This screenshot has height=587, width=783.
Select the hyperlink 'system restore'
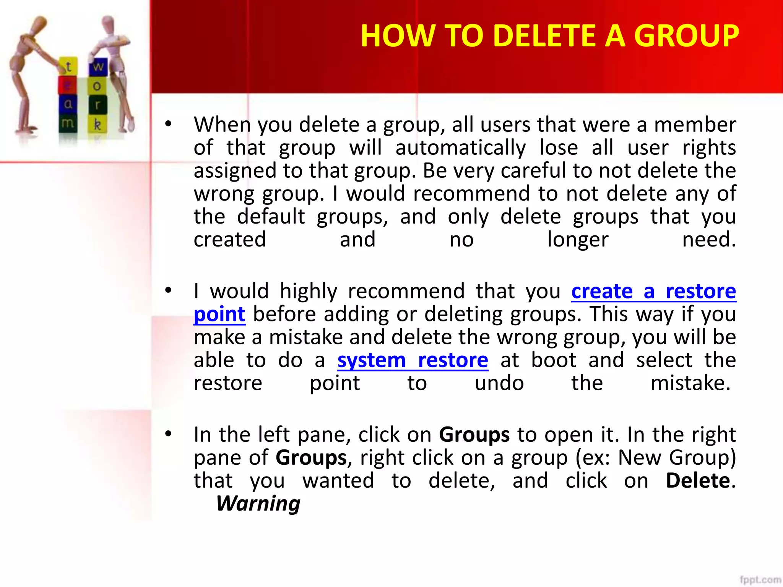(413, 360)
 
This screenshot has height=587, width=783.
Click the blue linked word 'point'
(219, 315)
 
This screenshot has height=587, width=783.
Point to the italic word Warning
(258, 503)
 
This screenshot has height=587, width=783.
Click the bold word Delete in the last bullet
(698, 481)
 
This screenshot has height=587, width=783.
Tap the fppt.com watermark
(760, 579)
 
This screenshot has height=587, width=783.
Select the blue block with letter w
(98, 67)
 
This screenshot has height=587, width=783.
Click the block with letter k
(98, 124)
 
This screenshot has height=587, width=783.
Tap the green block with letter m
(68, 123)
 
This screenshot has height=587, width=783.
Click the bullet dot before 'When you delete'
(168, 124)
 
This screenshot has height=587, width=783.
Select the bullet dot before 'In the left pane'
(168, 434)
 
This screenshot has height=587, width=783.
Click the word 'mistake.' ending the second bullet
(690, 383)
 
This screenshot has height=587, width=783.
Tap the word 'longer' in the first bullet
(578, 240)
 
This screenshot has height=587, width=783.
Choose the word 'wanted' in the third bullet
(338, 481)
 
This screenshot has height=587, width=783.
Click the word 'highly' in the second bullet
(309, 291)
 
